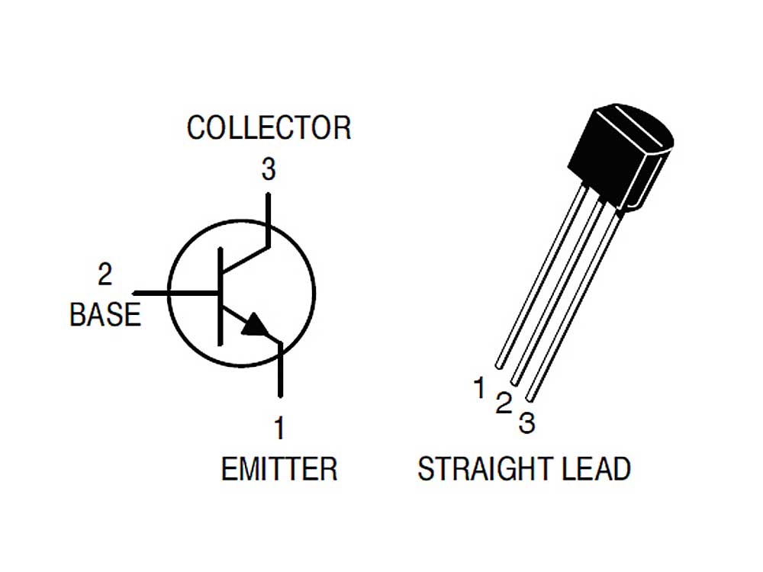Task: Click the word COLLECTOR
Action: (x=269, y=128)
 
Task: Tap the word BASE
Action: (x=105, y=314)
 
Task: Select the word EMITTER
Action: (x=279, y=469)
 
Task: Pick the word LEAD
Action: (x=596, y=469)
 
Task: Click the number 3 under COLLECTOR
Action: (x=269, y=169)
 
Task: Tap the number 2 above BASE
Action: (x=105, y=275)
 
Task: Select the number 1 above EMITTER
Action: (x=278, y=428)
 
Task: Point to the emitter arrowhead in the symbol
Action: (x=255, y=325)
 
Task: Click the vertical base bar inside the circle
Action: (x=220, y=296)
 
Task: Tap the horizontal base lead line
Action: (x=175, y=293)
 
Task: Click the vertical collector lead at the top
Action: (x=268, y=220)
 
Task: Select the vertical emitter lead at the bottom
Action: (x=280, y=370)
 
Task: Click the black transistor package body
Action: (x=620, y=156)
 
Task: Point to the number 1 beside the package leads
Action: (x=480, y=387)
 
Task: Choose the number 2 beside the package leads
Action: (x=504, y=403)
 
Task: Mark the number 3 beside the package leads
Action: (x=526, y=423)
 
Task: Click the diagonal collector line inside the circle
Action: (x=245, y=259)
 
